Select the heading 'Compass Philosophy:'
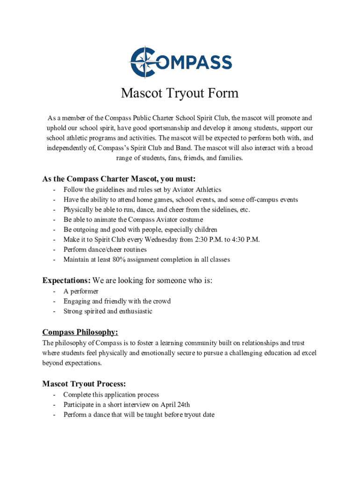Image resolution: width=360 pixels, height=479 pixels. (80, 332)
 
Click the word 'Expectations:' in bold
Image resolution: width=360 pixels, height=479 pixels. (66, 281)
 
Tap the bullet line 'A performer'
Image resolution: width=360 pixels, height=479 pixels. (81, 291)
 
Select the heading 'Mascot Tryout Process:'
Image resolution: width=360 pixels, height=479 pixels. (84, 384)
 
